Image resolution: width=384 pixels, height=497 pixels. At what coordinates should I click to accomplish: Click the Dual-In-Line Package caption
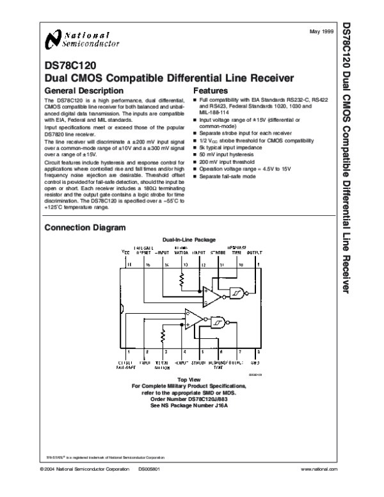tap(189, 240)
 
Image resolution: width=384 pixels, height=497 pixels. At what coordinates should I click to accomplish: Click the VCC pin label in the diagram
tap(125, 254)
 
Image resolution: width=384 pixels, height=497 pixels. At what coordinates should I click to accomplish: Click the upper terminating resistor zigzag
tap(182, 279)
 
